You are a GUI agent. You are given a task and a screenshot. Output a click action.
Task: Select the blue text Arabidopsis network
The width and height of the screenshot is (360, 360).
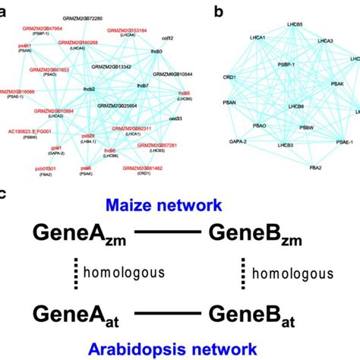179,349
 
